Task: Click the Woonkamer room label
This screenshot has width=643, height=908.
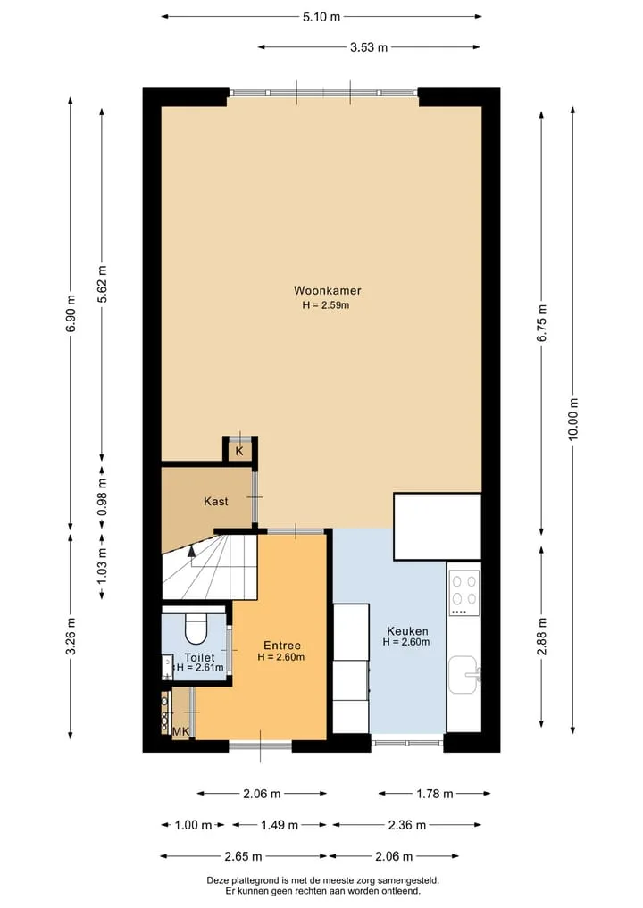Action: click(x=327, y=291)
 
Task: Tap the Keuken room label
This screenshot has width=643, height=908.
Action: click(x=407, y=631)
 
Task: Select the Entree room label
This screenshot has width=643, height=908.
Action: click(x=282, y=646)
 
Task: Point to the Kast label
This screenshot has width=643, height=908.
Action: click(x=215, y=502)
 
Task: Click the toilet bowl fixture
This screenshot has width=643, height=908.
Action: click(x=196, y=629)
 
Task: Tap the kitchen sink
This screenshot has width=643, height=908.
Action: click(x=464, y=675)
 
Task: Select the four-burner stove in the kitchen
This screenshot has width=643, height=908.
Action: click(x=464, y=593)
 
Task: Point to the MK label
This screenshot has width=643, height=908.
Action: click(x=181, y=732)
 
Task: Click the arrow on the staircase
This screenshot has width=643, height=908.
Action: click(x=191, y=552)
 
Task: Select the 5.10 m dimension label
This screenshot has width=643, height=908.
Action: click(x=321, y=17)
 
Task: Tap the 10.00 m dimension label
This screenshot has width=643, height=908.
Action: click(x=573, y=420)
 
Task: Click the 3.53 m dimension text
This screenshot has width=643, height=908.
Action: click(x=369, y=47)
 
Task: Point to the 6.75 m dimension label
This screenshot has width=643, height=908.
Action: click(x=542, y=322)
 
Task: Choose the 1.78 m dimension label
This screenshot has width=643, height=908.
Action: click(x=434, y=794)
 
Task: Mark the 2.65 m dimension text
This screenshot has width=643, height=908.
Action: click(x=243, y=856)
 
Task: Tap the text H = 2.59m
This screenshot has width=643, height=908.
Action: click(x=326, y=305)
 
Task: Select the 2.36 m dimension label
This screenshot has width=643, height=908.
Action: click(x=407, y=825)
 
